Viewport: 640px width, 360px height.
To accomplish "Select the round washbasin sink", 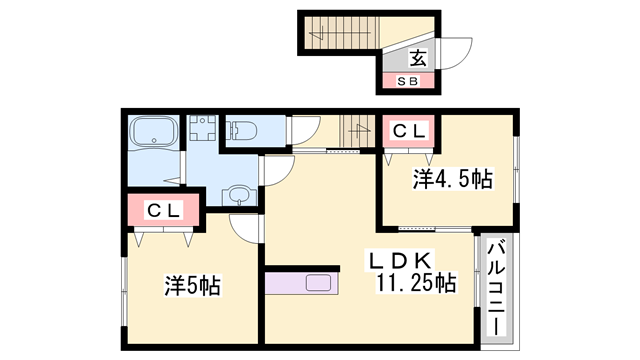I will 240,194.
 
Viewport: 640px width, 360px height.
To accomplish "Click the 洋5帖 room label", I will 191,286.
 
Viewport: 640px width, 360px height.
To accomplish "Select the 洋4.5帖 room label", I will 452,180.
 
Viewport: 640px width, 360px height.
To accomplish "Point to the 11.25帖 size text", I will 416,284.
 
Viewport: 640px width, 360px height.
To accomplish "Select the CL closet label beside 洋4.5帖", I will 408,130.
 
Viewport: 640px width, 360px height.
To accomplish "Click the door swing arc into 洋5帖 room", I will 243,226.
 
